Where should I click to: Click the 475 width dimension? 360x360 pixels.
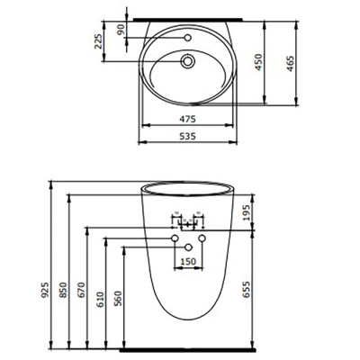[x=187, y=117]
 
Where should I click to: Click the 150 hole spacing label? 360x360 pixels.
[x=188, y=261]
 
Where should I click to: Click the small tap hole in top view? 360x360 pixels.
[x=188, y=39]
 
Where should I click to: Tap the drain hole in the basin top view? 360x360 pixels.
[x=188, y=62]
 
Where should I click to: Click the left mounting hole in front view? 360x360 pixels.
[x=175, y=238]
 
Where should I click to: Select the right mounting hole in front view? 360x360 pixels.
[x=202, y=238]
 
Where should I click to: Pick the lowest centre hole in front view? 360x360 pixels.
[x=188, y=247]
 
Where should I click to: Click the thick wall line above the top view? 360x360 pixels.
[x=187, y=16]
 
